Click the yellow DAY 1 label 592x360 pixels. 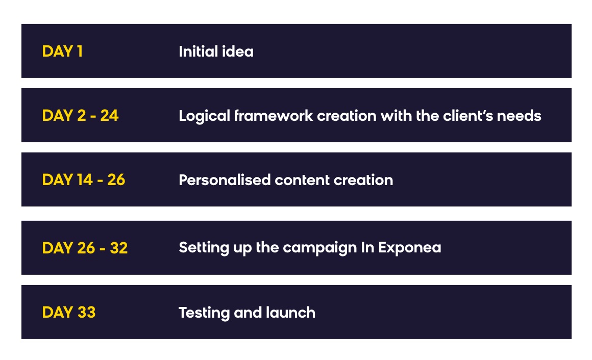62,52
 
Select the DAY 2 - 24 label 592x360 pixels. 81,115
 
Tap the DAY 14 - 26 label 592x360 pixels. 83,179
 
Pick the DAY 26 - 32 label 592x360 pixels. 85,248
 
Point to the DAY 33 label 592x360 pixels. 69,312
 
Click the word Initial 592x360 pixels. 198,52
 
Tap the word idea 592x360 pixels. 237,52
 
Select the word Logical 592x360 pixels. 204,116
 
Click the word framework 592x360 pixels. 274,115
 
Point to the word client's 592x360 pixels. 468,115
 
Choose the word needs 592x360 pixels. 519,115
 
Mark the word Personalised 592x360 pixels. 225,180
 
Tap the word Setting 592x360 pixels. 204,248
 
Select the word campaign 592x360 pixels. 320,248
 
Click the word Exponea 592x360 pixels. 410,248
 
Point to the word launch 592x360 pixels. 290,313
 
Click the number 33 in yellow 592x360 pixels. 86,312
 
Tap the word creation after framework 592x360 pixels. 347,115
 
